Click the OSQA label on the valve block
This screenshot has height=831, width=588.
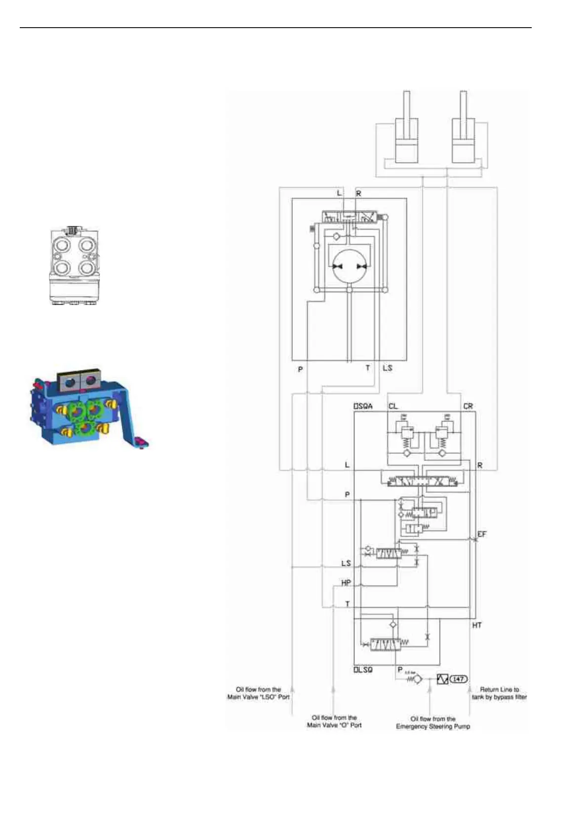(x=363, y=406)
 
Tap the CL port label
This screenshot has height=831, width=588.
(x=393, y=406)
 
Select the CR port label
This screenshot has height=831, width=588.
(x=468, y=406)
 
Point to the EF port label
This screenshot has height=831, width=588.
(x=481, y=534)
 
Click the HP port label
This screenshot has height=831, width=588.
(x=346, y=583)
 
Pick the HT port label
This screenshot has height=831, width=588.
(x=476, y=625)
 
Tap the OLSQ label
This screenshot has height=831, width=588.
(x=363, y=670)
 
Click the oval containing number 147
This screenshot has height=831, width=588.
(x=458, y=679)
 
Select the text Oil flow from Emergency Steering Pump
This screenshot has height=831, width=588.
(x=433, y=722)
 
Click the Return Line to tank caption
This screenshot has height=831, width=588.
(x=499, y=693)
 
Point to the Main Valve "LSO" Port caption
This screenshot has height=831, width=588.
(x=258, y=693)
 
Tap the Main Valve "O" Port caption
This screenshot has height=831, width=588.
(x=334, y=721)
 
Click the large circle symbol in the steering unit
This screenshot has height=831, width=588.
(x=350, y=266)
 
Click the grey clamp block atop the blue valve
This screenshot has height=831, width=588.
(x=79, y=379)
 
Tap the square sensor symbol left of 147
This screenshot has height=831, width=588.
(x=442, y=680)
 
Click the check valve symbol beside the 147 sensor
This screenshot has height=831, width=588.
(x=417, y=680)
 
